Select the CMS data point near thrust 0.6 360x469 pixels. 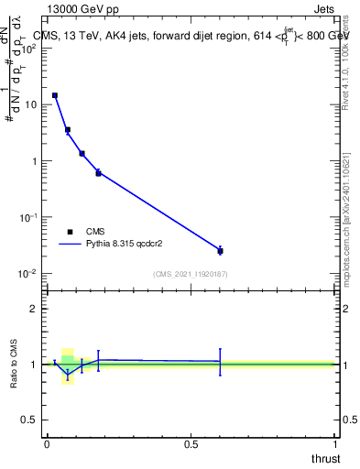(x=220, y=250)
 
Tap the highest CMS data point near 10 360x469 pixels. (x=55, y=95)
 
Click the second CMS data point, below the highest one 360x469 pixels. (x=68, y=130)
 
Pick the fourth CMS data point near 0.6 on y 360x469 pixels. (x=98, y=172)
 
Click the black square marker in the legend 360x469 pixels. (x=71, y=232)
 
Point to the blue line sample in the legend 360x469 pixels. (x=71, y=245)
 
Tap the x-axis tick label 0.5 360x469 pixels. (x=191, y=443)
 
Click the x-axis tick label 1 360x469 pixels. (x=334, y=443)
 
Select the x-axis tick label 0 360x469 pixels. (x=47, y=443)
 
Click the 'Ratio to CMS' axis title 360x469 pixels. (x=15, y=364)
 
